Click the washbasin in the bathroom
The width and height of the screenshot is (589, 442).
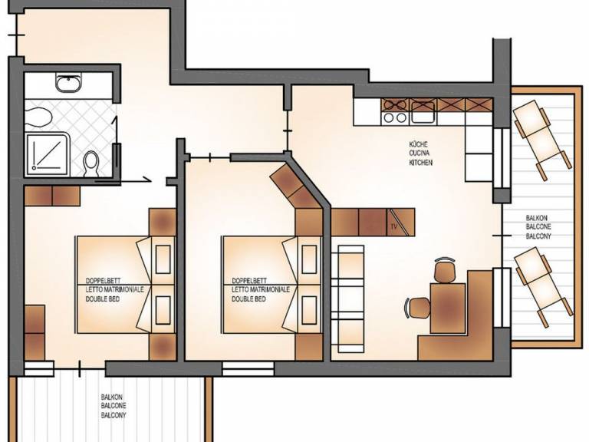68,83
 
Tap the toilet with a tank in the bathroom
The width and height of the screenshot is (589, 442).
91,163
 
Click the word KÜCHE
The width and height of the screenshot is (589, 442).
419,144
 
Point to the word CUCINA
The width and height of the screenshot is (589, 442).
420,153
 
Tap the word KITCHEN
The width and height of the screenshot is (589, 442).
421,163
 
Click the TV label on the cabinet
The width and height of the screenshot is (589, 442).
394,226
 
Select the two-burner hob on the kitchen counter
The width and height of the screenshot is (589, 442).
395,111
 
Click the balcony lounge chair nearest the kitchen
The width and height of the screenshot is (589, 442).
542,139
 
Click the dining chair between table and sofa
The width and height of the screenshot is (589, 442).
418,308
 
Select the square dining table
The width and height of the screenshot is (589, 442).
448,308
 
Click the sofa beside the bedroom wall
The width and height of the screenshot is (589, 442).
347,299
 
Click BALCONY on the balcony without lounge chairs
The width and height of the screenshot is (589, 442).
114,415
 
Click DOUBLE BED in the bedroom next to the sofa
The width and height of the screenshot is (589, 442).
248,299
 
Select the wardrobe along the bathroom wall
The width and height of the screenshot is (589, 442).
52,196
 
